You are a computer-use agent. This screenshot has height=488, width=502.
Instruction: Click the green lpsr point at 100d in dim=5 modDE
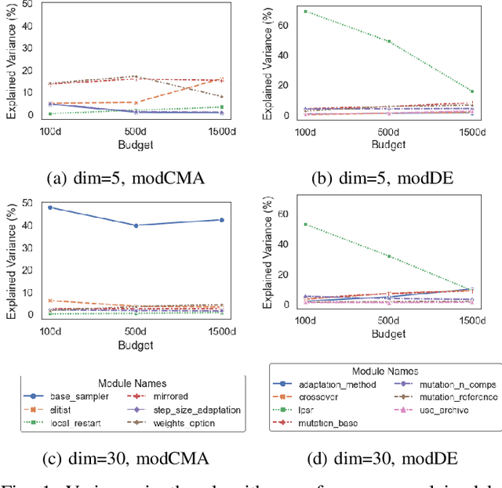point(304,12)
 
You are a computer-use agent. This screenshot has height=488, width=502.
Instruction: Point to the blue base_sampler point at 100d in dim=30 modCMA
point(51,208)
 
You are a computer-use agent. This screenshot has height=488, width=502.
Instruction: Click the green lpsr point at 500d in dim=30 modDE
point(388,256)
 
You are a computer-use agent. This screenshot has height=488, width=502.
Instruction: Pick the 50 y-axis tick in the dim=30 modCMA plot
point(28,204)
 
